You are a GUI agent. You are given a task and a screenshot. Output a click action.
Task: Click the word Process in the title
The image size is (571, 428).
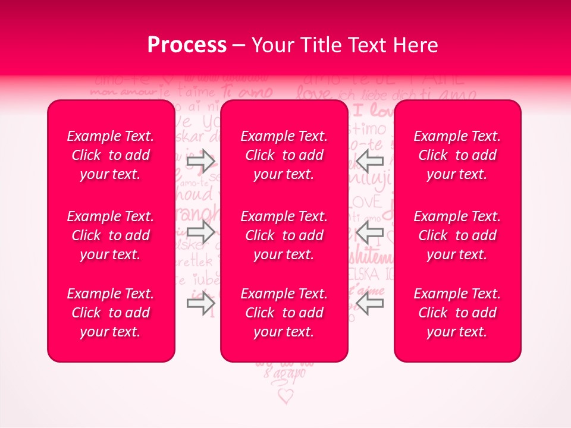[x=187, y=45]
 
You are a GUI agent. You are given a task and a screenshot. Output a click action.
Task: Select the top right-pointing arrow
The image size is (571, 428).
[x=200, y=160]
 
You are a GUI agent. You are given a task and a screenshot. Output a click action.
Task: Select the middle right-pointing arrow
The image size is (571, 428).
[x=200, y=232]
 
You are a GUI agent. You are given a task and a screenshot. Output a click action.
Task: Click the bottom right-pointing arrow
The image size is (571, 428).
[x=200, y=304]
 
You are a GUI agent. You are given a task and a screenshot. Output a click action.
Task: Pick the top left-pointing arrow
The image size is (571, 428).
[x=370, y=160]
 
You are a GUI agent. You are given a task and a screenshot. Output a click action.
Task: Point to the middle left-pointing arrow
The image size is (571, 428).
[x=370, y=232]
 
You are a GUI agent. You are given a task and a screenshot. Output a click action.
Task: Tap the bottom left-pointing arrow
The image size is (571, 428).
[x=370, y=304]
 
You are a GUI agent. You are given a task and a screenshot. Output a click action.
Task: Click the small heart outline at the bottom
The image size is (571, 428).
[x=286, y=395]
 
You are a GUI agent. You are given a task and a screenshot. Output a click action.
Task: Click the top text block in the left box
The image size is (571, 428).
[x=111, y=155]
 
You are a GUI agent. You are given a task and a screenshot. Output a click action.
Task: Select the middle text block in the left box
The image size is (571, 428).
[x=111, y=235]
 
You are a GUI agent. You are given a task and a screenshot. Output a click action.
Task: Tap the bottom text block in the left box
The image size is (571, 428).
[x=111, y=313]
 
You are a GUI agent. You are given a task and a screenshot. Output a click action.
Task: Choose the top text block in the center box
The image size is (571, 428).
[x=284, y=155]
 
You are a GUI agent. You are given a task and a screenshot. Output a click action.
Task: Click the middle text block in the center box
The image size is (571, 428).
[x=284, y=235]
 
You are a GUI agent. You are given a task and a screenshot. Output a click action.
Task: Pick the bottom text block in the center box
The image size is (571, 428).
[x=284, y=313]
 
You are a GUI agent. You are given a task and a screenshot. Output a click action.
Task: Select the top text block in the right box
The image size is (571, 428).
[x=457, y=155]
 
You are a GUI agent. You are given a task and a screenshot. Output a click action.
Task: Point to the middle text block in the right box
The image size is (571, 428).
[x=457, y=235]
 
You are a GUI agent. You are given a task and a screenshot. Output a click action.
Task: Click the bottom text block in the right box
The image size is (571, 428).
[x=457, y=313]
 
